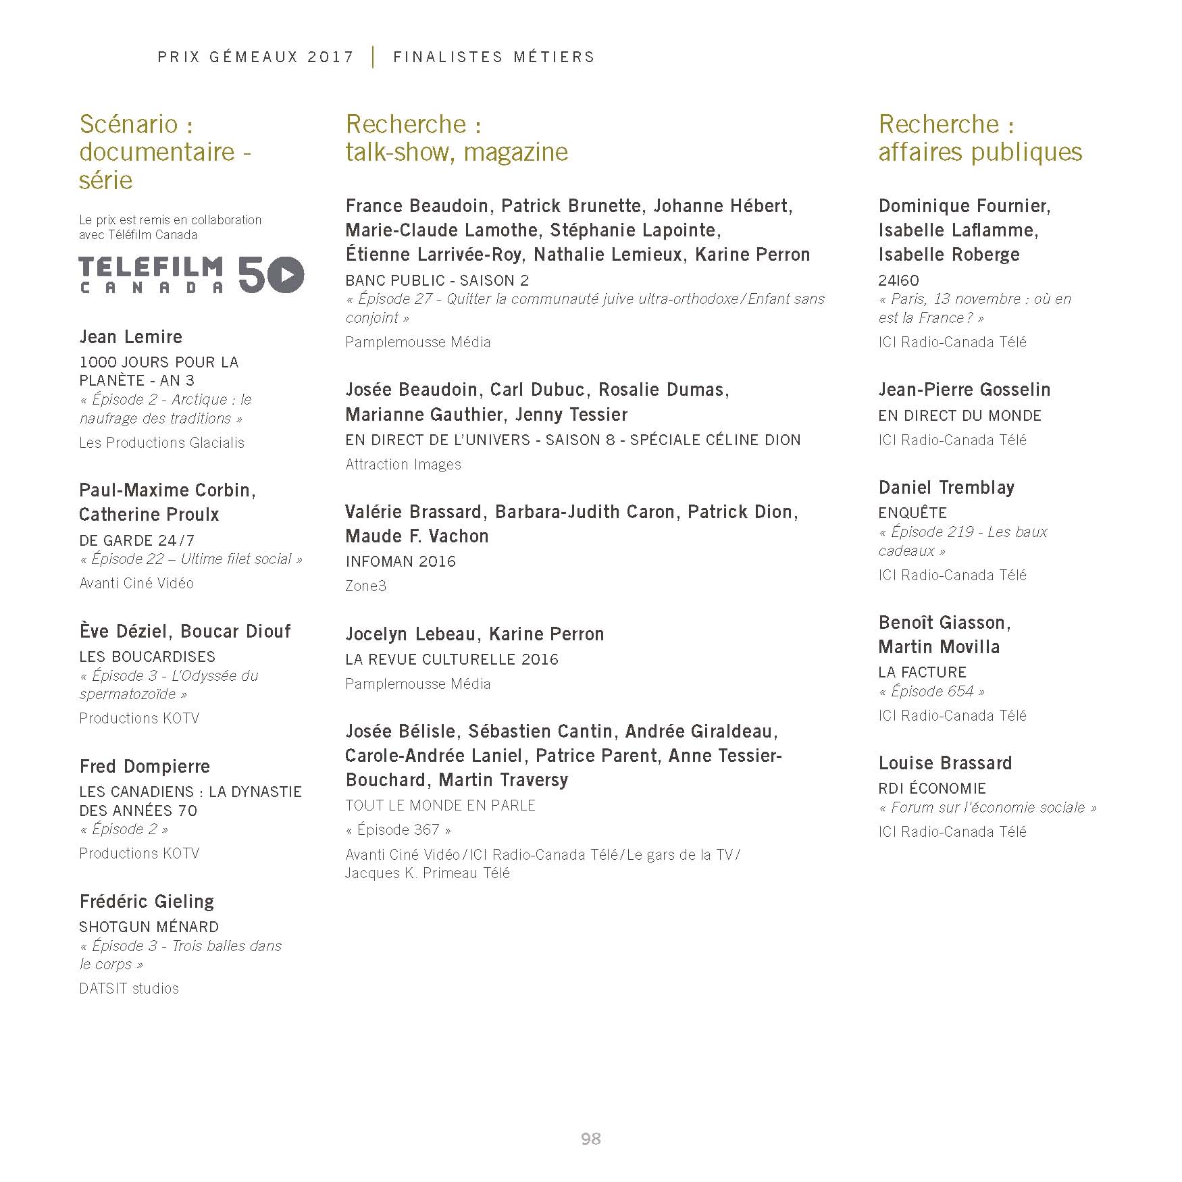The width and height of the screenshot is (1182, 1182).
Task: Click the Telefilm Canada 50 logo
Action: pos(191,274)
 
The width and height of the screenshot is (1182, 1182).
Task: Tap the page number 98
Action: pos(590,1139)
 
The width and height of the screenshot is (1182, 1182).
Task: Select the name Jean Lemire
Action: pos(131,336)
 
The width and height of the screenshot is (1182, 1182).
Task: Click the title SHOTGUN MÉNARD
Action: pos(149,927)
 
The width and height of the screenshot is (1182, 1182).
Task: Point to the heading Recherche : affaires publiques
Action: pos(980,138)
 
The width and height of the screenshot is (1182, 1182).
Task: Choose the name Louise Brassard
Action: pos(945,763)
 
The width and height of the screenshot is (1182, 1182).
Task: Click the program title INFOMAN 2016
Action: pos(401,561)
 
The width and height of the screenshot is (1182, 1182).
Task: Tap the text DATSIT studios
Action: pos(129,988)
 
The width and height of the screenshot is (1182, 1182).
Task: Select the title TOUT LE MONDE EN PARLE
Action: pos(440,805)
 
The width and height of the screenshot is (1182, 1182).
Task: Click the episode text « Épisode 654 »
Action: pos(931,691)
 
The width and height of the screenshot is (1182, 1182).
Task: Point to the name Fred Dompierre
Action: pos(145,766)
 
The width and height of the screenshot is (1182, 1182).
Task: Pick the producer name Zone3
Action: pos(365,586)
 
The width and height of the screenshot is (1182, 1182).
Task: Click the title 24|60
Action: pos(898,280)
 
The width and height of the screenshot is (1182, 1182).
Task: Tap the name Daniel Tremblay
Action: pos(946,487)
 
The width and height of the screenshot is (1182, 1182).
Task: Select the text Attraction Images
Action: pos(403,464)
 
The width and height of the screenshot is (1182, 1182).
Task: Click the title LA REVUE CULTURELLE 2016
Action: pos(452,659)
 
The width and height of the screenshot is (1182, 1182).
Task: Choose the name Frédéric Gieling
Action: pos(147,901)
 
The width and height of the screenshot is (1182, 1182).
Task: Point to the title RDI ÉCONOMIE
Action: pos(932,788)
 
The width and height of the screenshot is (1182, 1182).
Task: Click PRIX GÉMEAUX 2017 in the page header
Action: pos(256,57)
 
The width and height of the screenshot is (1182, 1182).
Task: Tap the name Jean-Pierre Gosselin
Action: pos(965,390)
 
